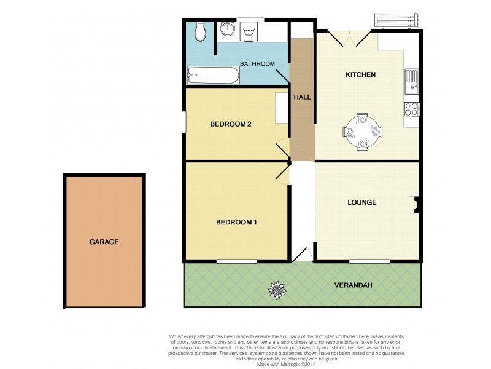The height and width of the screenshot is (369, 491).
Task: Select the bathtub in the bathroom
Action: tap(213, 76)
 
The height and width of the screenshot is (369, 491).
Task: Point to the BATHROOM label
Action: tap(257, 63)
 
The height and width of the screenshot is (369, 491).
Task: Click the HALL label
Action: tap(302, 97)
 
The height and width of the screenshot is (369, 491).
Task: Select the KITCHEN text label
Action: tap(361, 74)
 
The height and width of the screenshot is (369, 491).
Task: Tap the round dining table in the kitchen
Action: tap(363, 131)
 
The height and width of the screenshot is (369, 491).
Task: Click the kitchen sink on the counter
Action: tap(411, 81)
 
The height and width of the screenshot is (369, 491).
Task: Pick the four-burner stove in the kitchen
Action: tap(411, 109)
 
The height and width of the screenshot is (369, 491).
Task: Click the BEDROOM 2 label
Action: tap(231, 124)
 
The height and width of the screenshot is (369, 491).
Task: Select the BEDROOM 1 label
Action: tap(236, 222)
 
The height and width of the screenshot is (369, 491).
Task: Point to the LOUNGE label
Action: tap(361, 202)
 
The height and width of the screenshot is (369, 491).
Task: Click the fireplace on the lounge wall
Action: tap(414, 204)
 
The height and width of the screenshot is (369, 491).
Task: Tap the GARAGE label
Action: tap(104, 242)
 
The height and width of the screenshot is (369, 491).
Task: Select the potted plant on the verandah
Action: tap(277, 289)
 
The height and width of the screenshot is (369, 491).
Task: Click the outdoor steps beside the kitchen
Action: tap(396, 22)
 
